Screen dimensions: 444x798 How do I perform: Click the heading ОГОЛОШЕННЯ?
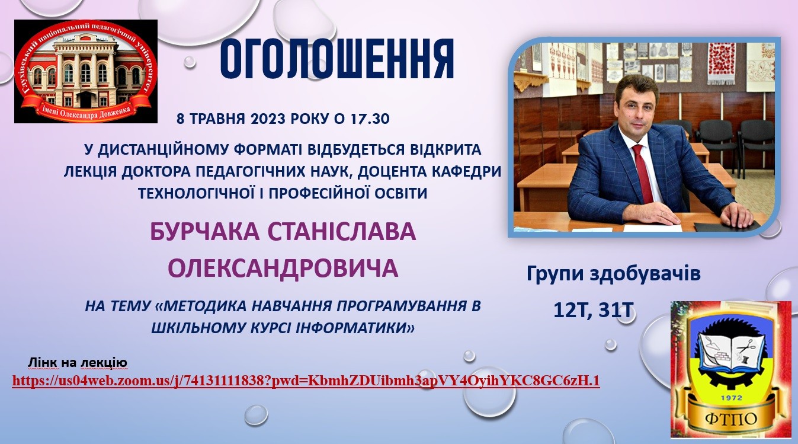click(336, 60)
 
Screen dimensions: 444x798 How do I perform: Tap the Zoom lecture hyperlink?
click(306, 381)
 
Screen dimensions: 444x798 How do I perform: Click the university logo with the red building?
click(86, 71)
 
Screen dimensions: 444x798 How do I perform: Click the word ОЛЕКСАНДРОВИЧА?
click(283, 268)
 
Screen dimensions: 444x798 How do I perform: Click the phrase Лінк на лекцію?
click(78, 362)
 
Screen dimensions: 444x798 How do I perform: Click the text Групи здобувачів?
click(613, 274)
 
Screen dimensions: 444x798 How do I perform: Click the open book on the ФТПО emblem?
click(730, 350)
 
